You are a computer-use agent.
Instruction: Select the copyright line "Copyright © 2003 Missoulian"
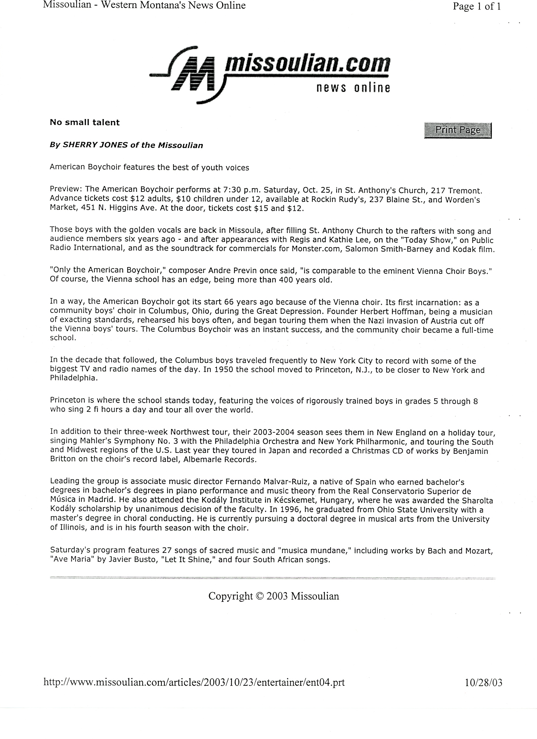[274, 596]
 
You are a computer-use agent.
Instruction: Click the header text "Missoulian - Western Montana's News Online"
[144, 5]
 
